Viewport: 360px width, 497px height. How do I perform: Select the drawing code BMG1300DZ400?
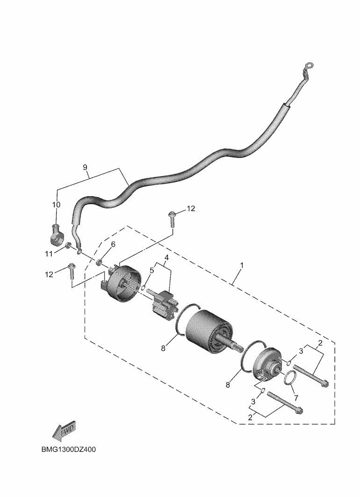coord(69,449)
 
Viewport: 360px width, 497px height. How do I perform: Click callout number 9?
coord(85,167)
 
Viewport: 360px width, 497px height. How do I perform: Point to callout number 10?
coord(56,205)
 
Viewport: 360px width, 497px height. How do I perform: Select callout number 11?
coord(49,254)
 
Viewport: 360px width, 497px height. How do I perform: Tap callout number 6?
coord(113,244)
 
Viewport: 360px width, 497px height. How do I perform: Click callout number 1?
coord(241,265)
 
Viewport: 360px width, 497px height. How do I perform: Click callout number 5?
coord(151,270)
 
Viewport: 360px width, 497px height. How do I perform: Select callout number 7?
coord(296,397)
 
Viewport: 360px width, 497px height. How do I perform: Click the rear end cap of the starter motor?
coord(121,283)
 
